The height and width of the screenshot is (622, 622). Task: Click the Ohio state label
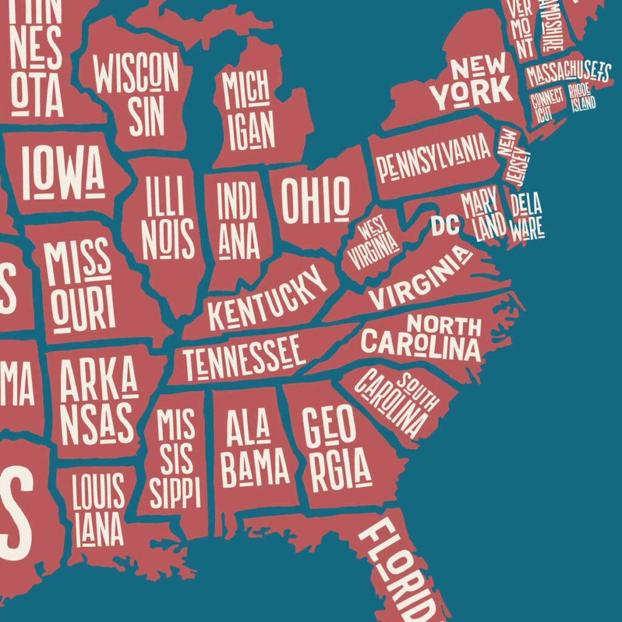pos(315,200)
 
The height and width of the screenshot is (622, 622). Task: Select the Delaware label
pos(526,216)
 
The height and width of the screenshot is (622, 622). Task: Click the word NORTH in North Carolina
pos(444,326)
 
